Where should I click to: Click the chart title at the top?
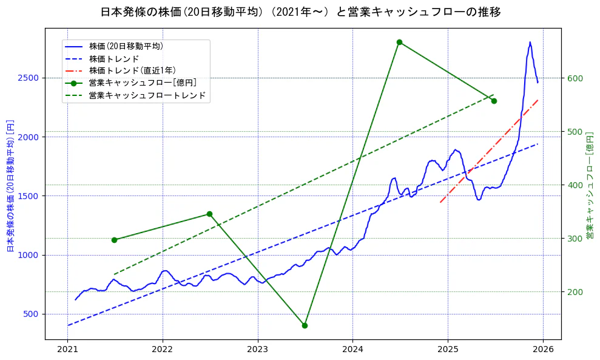[300, 12]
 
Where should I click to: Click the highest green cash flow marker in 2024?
[399, 42]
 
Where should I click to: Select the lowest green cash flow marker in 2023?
[305, 325]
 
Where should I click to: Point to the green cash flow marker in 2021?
[114, 240]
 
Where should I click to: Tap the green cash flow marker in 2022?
[209, 214]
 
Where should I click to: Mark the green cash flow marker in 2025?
[494, 101]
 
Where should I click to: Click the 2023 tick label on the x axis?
[257, 350]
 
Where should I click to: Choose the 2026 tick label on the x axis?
[543, 350]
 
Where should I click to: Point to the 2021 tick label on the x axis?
[67, 350]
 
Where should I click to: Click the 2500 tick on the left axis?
[30, 78]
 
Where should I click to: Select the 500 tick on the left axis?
[32, 314]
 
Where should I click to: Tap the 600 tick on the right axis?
[575, 78]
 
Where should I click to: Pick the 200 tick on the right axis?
[575, 292]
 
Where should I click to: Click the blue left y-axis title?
[10, 186]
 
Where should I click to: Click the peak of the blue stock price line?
[530, 42]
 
